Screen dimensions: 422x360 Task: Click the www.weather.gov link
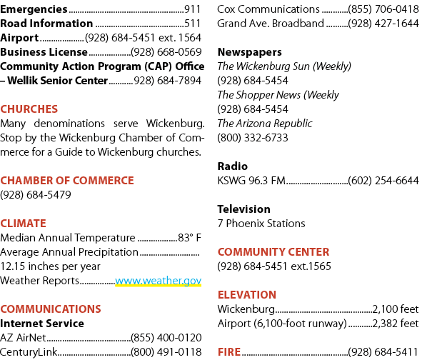pos(159,281)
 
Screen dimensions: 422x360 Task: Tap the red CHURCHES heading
pos(29,109)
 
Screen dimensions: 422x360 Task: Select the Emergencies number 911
pos(192,9)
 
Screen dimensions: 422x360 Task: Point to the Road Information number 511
pos(192,24)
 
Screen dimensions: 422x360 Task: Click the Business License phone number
pos(166,52)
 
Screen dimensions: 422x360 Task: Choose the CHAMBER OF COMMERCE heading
pos(67,181)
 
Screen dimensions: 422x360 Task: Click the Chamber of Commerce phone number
pos(36,195)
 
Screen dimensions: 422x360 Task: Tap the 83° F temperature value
pos(189,237)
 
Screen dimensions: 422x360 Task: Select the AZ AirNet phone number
pos(166,337)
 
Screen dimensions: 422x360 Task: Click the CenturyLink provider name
pos(29,351)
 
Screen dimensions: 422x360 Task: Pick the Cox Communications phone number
pos(383,9)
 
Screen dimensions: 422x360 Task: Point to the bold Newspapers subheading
pos(250,52)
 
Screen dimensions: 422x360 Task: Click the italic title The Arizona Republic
pos(265,124)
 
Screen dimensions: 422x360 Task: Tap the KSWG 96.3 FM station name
pos(251,181)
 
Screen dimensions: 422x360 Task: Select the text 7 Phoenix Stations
pos(261,224)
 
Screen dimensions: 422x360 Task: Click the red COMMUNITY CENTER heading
pos(273,251)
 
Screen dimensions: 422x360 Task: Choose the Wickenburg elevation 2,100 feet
pos(396,309)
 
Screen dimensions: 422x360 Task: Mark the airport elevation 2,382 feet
pos(396,323)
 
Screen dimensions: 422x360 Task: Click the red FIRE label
pos(229,351)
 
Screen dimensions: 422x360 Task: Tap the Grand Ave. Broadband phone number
pos(383,24)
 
